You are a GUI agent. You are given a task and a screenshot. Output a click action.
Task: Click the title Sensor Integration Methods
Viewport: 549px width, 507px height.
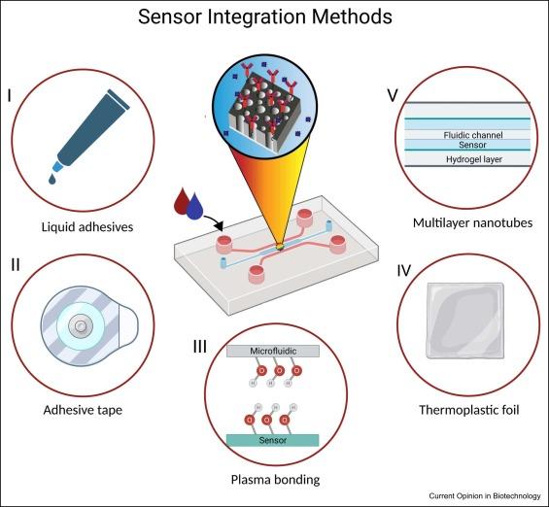pyautogui.click(x=274, y=17)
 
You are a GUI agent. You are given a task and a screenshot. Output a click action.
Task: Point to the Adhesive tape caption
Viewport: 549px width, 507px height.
pyautogui.click(x=83, y=410)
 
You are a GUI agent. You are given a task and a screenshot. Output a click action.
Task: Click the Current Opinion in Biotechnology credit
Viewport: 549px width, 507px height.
pyautogui.click(x=484, y=496)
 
